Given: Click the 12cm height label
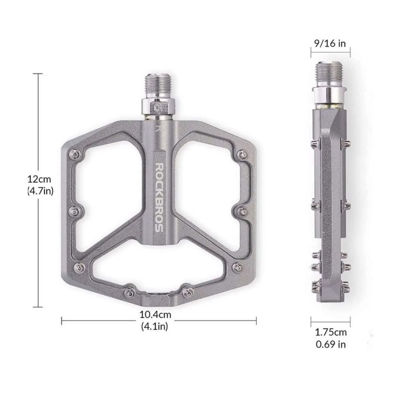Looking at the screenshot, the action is click(x=39, y=179).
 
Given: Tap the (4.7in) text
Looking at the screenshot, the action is click(x=40, y=191).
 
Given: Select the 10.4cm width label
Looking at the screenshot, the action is click(x=155, y=314).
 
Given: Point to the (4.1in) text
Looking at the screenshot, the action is click(x=154, y=326).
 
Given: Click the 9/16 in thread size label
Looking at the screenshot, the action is click(x=330, y=43).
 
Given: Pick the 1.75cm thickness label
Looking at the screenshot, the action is click(x=331, y=332).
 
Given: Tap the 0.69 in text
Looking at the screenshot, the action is click(x=331, y=344).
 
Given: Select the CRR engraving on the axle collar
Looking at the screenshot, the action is click(x=160, y=107).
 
